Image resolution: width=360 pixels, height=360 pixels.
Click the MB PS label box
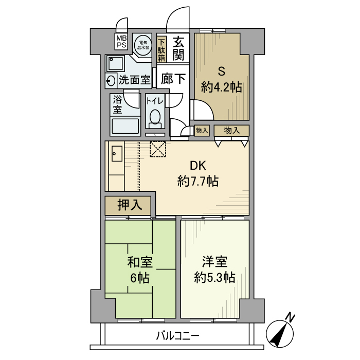point(121,42)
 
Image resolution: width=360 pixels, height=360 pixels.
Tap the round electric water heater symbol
point(142,45)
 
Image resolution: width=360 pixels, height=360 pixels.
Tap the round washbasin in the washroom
point(111,80)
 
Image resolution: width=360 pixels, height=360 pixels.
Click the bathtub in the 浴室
point(125,127)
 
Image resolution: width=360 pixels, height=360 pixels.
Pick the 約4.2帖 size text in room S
point(222,87)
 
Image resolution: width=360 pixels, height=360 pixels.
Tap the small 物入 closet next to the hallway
point(202,131)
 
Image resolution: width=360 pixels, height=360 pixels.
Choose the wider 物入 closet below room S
point(232,130)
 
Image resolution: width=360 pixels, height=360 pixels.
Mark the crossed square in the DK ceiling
point(158,149)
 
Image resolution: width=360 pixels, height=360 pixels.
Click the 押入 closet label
point(129,206)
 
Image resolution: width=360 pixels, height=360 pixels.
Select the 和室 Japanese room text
point(139,263)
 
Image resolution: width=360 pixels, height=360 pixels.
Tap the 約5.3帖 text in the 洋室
point(214,278)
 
